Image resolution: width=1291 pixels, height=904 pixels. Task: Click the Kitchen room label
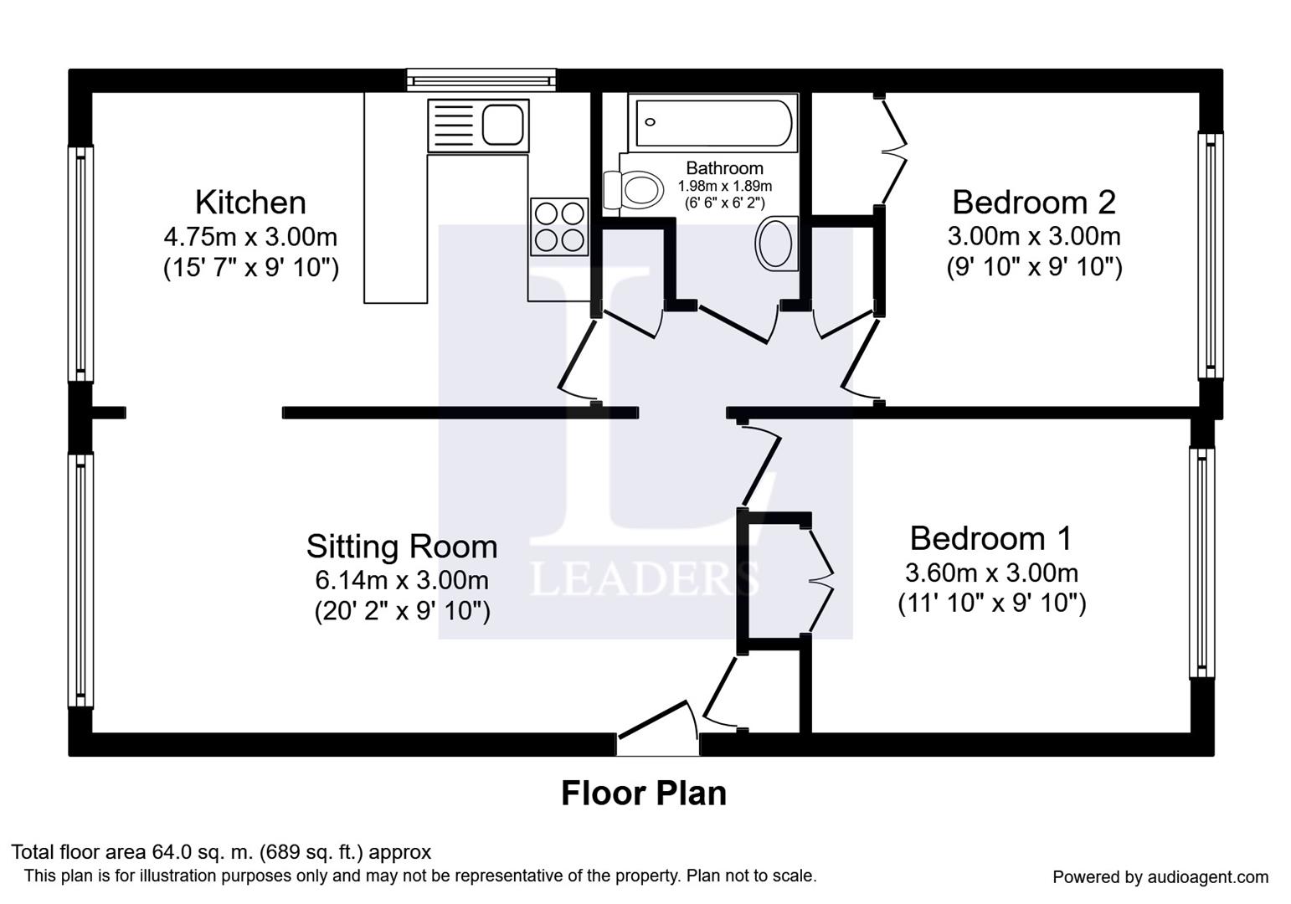click(250, 203)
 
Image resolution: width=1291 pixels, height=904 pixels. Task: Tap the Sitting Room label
click(402, 547)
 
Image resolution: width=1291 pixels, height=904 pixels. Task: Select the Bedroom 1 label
click(990, 538)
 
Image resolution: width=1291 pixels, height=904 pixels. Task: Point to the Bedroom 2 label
click(1034, 203)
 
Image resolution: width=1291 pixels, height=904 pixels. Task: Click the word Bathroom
click(724, 168)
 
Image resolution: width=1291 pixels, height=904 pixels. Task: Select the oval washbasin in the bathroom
click(775, 244)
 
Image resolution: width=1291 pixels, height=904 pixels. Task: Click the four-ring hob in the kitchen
click(559, 227)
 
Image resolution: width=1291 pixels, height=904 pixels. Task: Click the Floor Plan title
click(643, 794)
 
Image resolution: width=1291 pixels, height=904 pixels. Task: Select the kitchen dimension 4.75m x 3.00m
click(250, 236)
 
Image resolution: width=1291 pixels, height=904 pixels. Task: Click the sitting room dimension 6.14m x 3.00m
click(402, 579)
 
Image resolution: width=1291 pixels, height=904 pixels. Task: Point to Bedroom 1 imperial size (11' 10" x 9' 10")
click(991, 604)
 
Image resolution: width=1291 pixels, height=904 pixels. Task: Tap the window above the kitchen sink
click(481, 80)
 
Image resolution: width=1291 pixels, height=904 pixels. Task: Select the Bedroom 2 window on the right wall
click(1210, 255)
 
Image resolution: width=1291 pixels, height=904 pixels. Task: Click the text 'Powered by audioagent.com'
click(1160, 877)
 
